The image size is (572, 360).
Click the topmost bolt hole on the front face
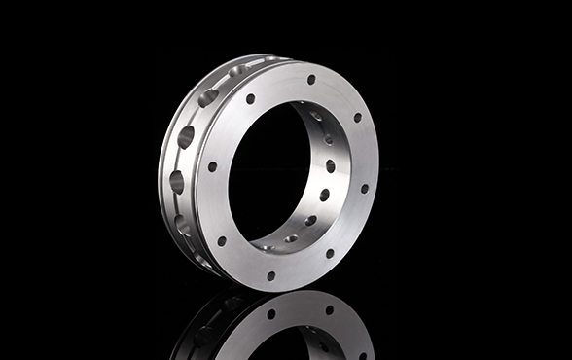(311, 80)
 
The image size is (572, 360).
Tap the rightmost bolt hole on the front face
(365, 189)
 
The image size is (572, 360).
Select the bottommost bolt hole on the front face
(270, 275)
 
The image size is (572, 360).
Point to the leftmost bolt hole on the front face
(212, 166)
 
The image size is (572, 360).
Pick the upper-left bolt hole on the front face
(250, 99)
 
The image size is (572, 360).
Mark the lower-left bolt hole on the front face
(222, 240)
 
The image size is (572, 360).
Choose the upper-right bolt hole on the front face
(357, 118)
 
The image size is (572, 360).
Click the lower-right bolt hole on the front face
(329, 254)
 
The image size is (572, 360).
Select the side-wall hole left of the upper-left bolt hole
(208, 97)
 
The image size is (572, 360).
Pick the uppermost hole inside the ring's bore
(316, 116)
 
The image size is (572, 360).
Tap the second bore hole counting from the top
(328, 140)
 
